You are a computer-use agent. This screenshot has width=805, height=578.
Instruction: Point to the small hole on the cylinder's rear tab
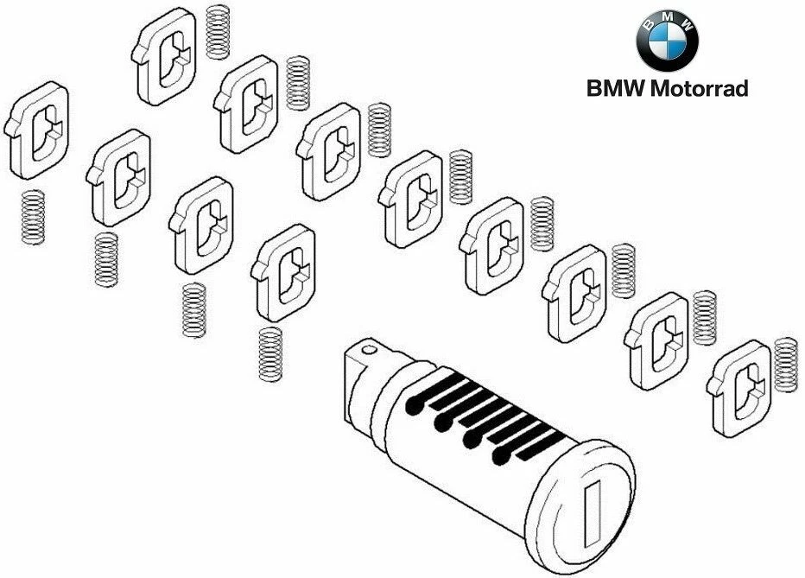(x=372, y=352)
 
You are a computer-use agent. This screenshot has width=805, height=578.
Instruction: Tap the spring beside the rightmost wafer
(x=786, y=364)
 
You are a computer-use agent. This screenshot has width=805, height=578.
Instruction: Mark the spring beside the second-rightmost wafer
(x=704, y=316)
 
